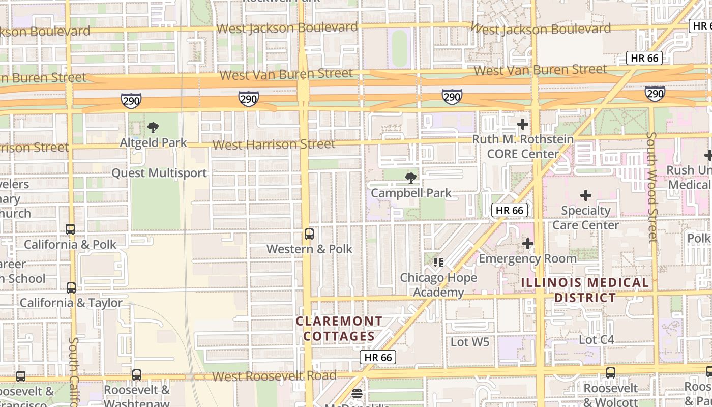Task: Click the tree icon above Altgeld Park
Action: (x=153, y=128)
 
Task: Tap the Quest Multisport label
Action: (x=159, y=173)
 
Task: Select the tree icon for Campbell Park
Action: (x=410, y=178)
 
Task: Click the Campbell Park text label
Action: (x=411, y=193)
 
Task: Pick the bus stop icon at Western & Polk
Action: (x=309, y=234)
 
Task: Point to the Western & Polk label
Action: (x=309, y=249)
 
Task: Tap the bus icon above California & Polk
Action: (x=70, y=229)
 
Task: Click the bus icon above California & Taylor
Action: (x=71, y=288)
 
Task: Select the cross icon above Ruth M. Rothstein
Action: (x=522, y=124)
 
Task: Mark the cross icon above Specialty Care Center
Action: (x=586, y=195)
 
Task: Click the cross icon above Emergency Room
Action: (x=528, y=244)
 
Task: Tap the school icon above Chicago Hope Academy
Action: (x=438, y=263)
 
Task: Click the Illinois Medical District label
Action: (x=585, y=290)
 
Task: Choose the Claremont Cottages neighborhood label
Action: (x=339, y=329)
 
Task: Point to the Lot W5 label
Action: (x=470, y=342)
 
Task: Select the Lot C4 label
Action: (x=597, y=339)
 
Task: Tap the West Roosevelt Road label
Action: (x=274, y=376)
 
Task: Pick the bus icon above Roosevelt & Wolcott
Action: (x=610, y=373)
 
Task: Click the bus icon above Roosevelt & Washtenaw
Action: (x=137, y=375)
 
